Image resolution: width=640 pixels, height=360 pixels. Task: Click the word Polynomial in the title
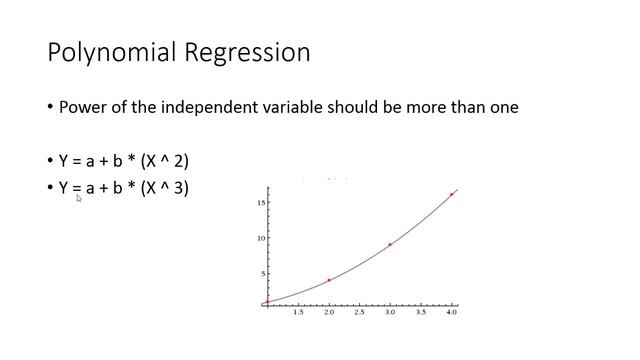(110, 52)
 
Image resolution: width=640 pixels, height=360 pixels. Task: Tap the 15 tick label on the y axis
(259, 203)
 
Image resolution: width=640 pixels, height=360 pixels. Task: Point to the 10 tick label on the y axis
(259, 238)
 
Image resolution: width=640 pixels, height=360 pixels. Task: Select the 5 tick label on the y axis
(262, 273)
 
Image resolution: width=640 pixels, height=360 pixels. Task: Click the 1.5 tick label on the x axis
(298, 313)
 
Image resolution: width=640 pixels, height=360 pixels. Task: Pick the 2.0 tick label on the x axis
(329, 313)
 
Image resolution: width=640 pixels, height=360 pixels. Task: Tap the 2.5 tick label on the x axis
(359, 313)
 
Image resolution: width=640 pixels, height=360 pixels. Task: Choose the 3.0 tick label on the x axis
(390, 313)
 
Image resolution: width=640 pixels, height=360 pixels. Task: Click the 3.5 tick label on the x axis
(421, 313)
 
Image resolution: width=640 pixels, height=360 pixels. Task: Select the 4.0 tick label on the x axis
(451, 313)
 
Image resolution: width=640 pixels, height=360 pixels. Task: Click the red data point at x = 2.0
(329, 280)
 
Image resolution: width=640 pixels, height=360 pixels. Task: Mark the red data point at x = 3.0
(390, 244)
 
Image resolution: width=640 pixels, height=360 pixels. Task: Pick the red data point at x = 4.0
(451, 194)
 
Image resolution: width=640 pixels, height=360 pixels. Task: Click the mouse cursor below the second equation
(79, 199)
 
